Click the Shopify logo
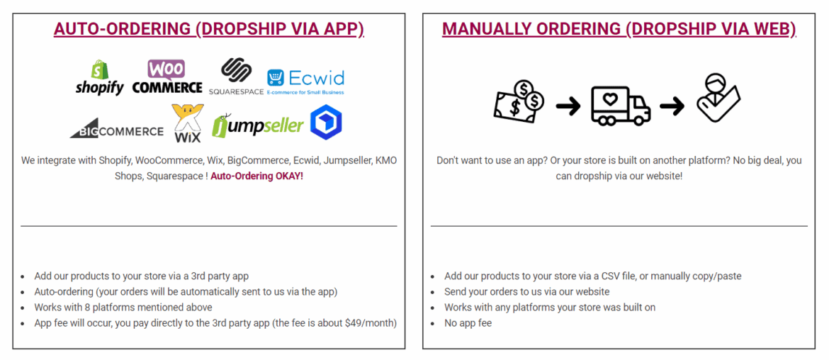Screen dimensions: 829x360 (x=99, y=77)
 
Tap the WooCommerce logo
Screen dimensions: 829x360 (x=167, y=77)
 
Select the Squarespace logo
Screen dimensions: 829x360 (x=236, y=77)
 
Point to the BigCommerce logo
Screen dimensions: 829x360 (x=117, y=130)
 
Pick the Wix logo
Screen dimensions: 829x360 (x=188, y=124)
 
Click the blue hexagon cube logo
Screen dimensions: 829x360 (x=326, y=123)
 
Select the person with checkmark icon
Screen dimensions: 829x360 (x=717, y=99)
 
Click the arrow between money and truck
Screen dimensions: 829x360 (x=568, y=106)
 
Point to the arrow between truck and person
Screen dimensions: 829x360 (x=672, y=106)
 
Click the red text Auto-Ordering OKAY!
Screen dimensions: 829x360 (x=257, y=176)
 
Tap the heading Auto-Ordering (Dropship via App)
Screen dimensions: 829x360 (x=209, y=30)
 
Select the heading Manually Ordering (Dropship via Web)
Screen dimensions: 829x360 (x=619, y=30)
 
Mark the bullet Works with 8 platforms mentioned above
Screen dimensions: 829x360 (x=123, y=307)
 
